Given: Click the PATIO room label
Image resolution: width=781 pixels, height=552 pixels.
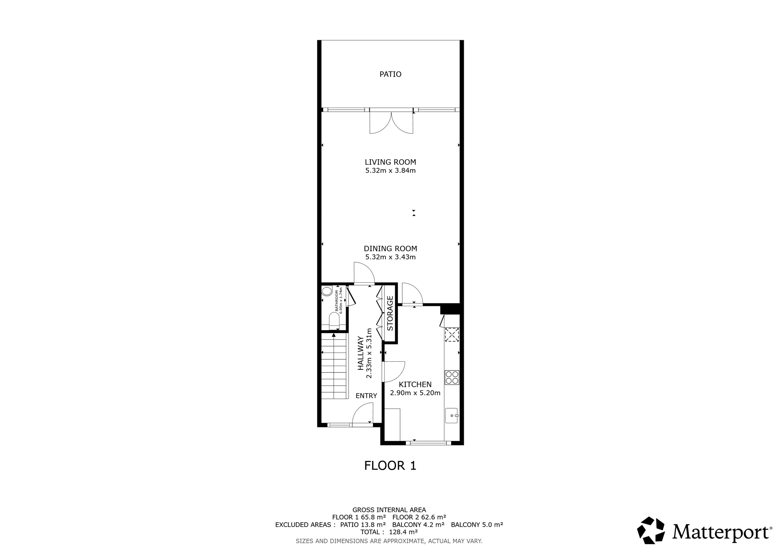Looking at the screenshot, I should click(390, 74).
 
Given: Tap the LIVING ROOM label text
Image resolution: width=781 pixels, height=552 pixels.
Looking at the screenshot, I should click(390, 162).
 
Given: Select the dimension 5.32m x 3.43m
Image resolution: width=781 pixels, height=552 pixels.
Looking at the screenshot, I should click(390, 257).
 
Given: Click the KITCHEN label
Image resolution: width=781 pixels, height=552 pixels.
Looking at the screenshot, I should click(415, 385).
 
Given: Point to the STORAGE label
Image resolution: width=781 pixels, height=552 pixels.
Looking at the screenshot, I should click(390, 313).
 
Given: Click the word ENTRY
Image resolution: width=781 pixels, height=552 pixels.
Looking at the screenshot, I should click(366, 396).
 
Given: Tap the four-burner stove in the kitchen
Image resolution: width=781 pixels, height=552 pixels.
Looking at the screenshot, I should click(452, 377).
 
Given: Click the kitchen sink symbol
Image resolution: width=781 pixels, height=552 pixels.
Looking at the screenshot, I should click(451, 415).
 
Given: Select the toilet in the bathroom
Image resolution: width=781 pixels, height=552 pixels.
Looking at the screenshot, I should click(334, 320).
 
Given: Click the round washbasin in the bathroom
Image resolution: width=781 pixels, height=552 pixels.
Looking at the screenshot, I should click(327, 292).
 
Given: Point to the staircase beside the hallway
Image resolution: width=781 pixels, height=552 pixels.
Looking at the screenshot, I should click(334, 366).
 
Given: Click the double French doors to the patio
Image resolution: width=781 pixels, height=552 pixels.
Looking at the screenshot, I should click(391, 122).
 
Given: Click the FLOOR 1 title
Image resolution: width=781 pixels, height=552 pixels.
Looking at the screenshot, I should click(390, 465).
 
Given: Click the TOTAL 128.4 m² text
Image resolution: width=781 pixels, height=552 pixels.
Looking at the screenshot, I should click(389, 532).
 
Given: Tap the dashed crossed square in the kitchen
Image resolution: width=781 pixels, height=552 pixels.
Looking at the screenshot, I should click(452, 335).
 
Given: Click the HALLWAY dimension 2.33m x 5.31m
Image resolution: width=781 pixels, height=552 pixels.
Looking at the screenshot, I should click(369, 353).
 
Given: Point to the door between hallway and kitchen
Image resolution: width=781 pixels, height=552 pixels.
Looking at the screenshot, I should click(393, 371).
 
